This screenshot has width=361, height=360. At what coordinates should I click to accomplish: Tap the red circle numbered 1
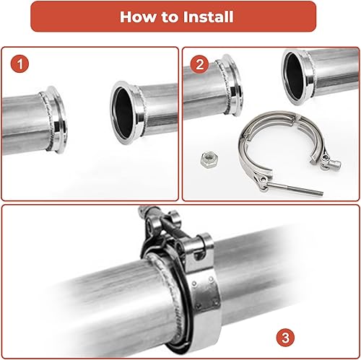[21, 65]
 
